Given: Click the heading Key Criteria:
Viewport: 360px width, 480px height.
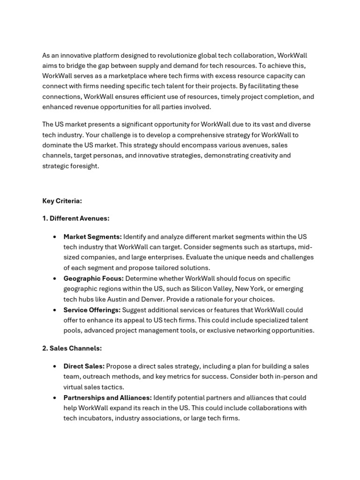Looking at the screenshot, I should (x=62, y=201).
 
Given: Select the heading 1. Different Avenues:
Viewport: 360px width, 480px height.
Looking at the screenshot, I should (x=76, y=218).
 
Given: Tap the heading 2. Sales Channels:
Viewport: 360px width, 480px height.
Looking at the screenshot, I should (x=72, y=348).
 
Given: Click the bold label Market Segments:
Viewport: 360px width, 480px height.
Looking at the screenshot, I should (x=93, y=237).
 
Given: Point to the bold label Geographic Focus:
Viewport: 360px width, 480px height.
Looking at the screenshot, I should (x=94, y=278).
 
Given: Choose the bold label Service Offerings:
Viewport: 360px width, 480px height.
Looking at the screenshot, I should (x=92, y=310).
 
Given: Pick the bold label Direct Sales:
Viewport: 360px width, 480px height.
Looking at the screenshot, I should (x=84, y=366).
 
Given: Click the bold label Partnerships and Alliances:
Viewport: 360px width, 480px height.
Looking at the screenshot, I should (x=107, y=397).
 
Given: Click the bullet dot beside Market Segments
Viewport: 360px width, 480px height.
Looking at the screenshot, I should (x=55, y=237).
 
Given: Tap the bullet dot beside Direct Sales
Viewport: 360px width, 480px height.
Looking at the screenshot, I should (x=55, y=366).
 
